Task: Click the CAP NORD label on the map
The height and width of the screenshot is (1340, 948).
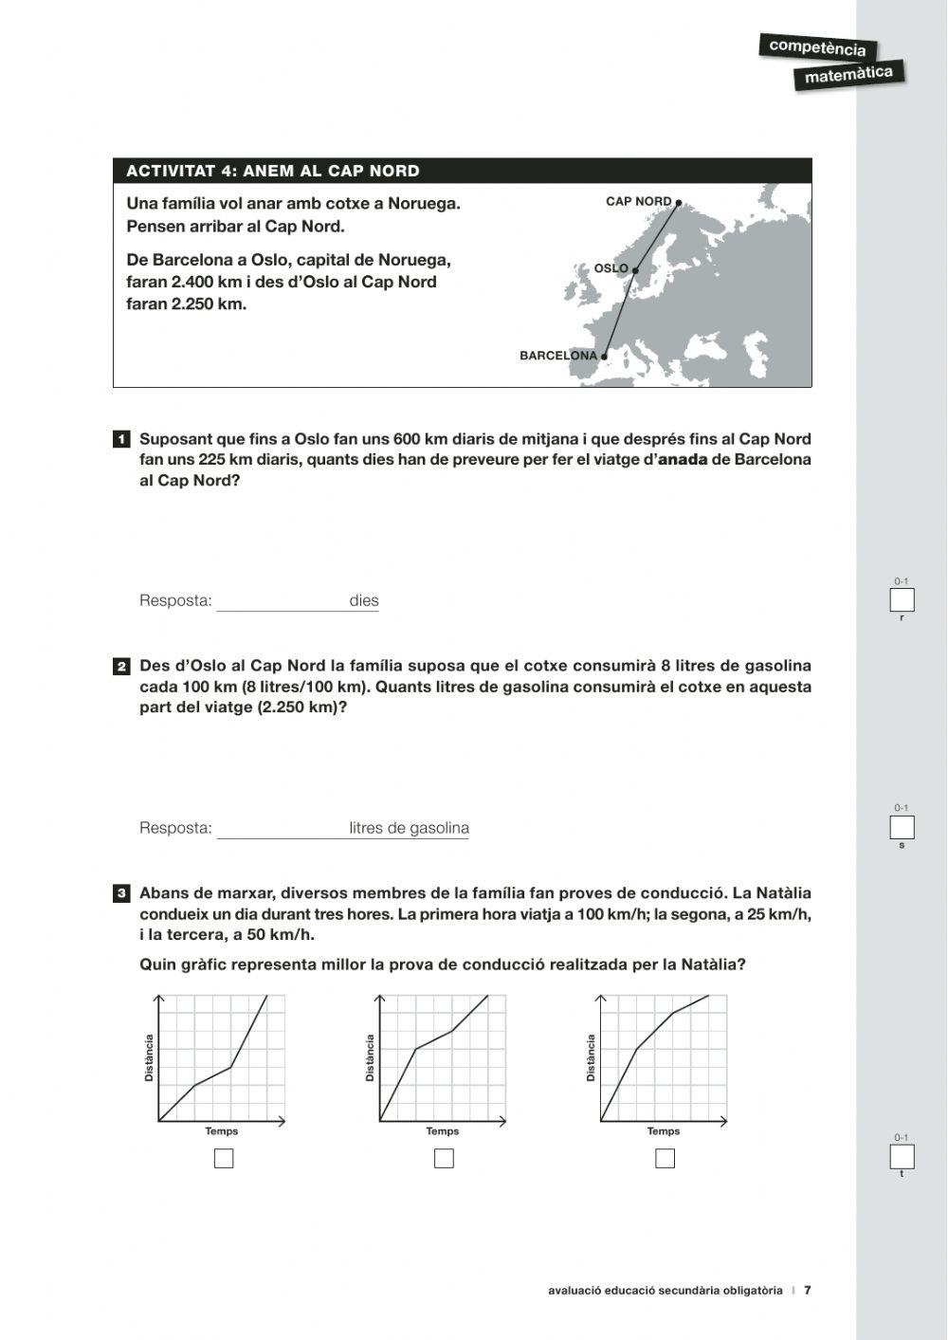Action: [x=638, y=201]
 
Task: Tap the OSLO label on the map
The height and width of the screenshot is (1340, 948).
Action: [x=611, y=268]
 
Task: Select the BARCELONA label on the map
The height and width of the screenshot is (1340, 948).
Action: [x=558, y=356]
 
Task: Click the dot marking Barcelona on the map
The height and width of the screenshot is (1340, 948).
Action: [x=604, y=358]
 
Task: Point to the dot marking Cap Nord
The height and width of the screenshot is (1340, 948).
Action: [x=678, y=202]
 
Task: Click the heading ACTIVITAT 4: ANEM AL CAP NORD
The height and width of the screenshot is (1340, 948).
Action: [x=273, y=171]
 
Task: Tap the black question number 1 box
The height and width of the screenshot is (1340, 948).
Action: [x=121, y=440]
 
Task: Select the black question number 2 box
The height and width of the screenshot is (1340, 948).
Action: [x=121, y=667]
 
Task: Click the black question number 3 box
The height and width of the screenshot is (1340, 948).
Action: [x=121, y=893]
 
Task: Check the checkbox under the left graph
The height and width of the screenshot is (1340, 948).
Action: [x=224, y=1158]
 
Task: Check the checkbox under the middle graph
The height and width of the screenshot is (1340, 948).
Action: [x=444, y=1158]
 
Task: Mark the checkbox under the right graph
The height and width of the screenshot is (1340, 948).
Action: [x=665, y=1158]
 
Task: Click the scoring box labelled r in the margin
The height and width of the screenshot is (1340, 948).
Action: [x=902, y=600]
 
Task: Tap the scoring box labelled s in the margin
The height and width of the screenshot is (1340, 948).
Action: [x=902, y=827]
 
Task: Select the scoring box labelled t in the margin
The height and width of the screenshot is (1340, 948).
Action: [x=902, y=1157]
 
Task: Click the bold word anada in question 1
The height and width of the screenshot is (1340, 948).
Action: [x=683, y=460]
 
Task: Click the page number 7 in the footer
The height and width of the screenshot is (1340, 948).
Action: [x=808, y=1290]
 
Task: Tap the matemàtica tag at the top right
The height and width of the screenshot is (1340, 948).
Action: [x=848, y=75]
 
